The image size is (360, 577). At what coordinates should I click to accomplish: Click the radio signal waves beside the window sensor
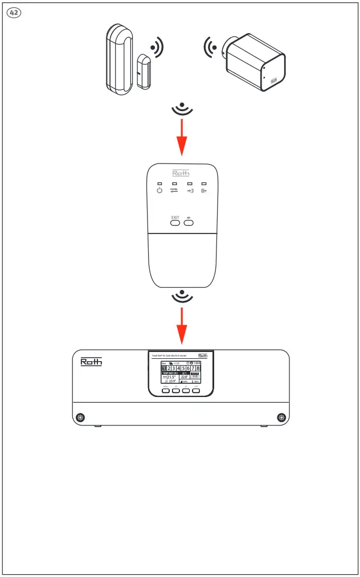coord(156,48)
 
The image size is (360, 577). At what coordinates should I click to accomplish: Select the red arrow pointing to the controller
coord(181,326)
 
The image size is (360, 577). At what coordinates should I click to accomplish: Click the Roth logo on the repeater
coord(181,173)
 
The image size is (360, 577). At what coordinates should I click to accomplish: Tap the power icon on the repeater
coord(160,190)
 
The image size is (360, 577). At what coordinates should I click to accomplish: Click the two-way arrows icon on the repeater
coord(174,190)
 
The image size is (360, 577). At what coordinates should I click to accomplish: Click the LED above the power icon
coord(160,183)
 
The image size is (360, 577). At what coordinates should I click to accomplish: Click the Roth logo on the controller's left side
coord(91,362)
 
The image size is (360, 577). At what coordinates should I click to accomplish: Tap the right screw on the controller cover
coord(281,418)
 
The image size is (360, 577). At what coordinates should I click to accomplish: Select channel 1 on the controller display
coord(165,370)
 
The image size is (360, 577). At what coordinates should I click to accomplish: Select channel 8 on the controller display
coord(198,370)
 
